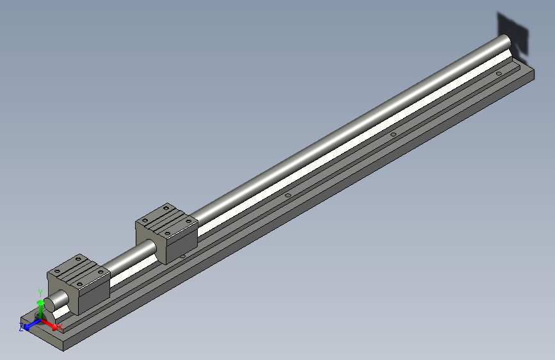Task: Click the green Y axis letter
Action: (x=40, y=292)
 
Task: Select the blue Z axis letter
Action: (x=22, y=327)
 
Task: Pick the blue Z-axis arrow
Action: (x=29, y=325)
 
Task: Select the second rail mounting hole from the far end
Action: (x=393, y=135)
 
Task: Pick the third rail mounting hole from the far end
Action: (x=287, y=195)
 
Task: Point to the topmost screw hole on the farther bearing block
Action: (x=166, y=208)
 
